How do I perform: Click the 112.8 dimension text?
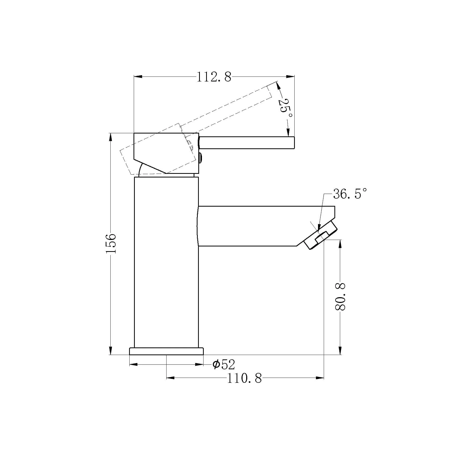point(214,77)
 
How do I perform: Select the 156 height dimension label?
point(111,243)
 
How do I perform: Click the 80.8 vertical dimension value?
point(340,297)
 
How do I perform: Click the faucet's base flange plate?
point(166,351)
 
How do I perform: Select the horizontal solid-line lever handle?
point(247,143)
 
